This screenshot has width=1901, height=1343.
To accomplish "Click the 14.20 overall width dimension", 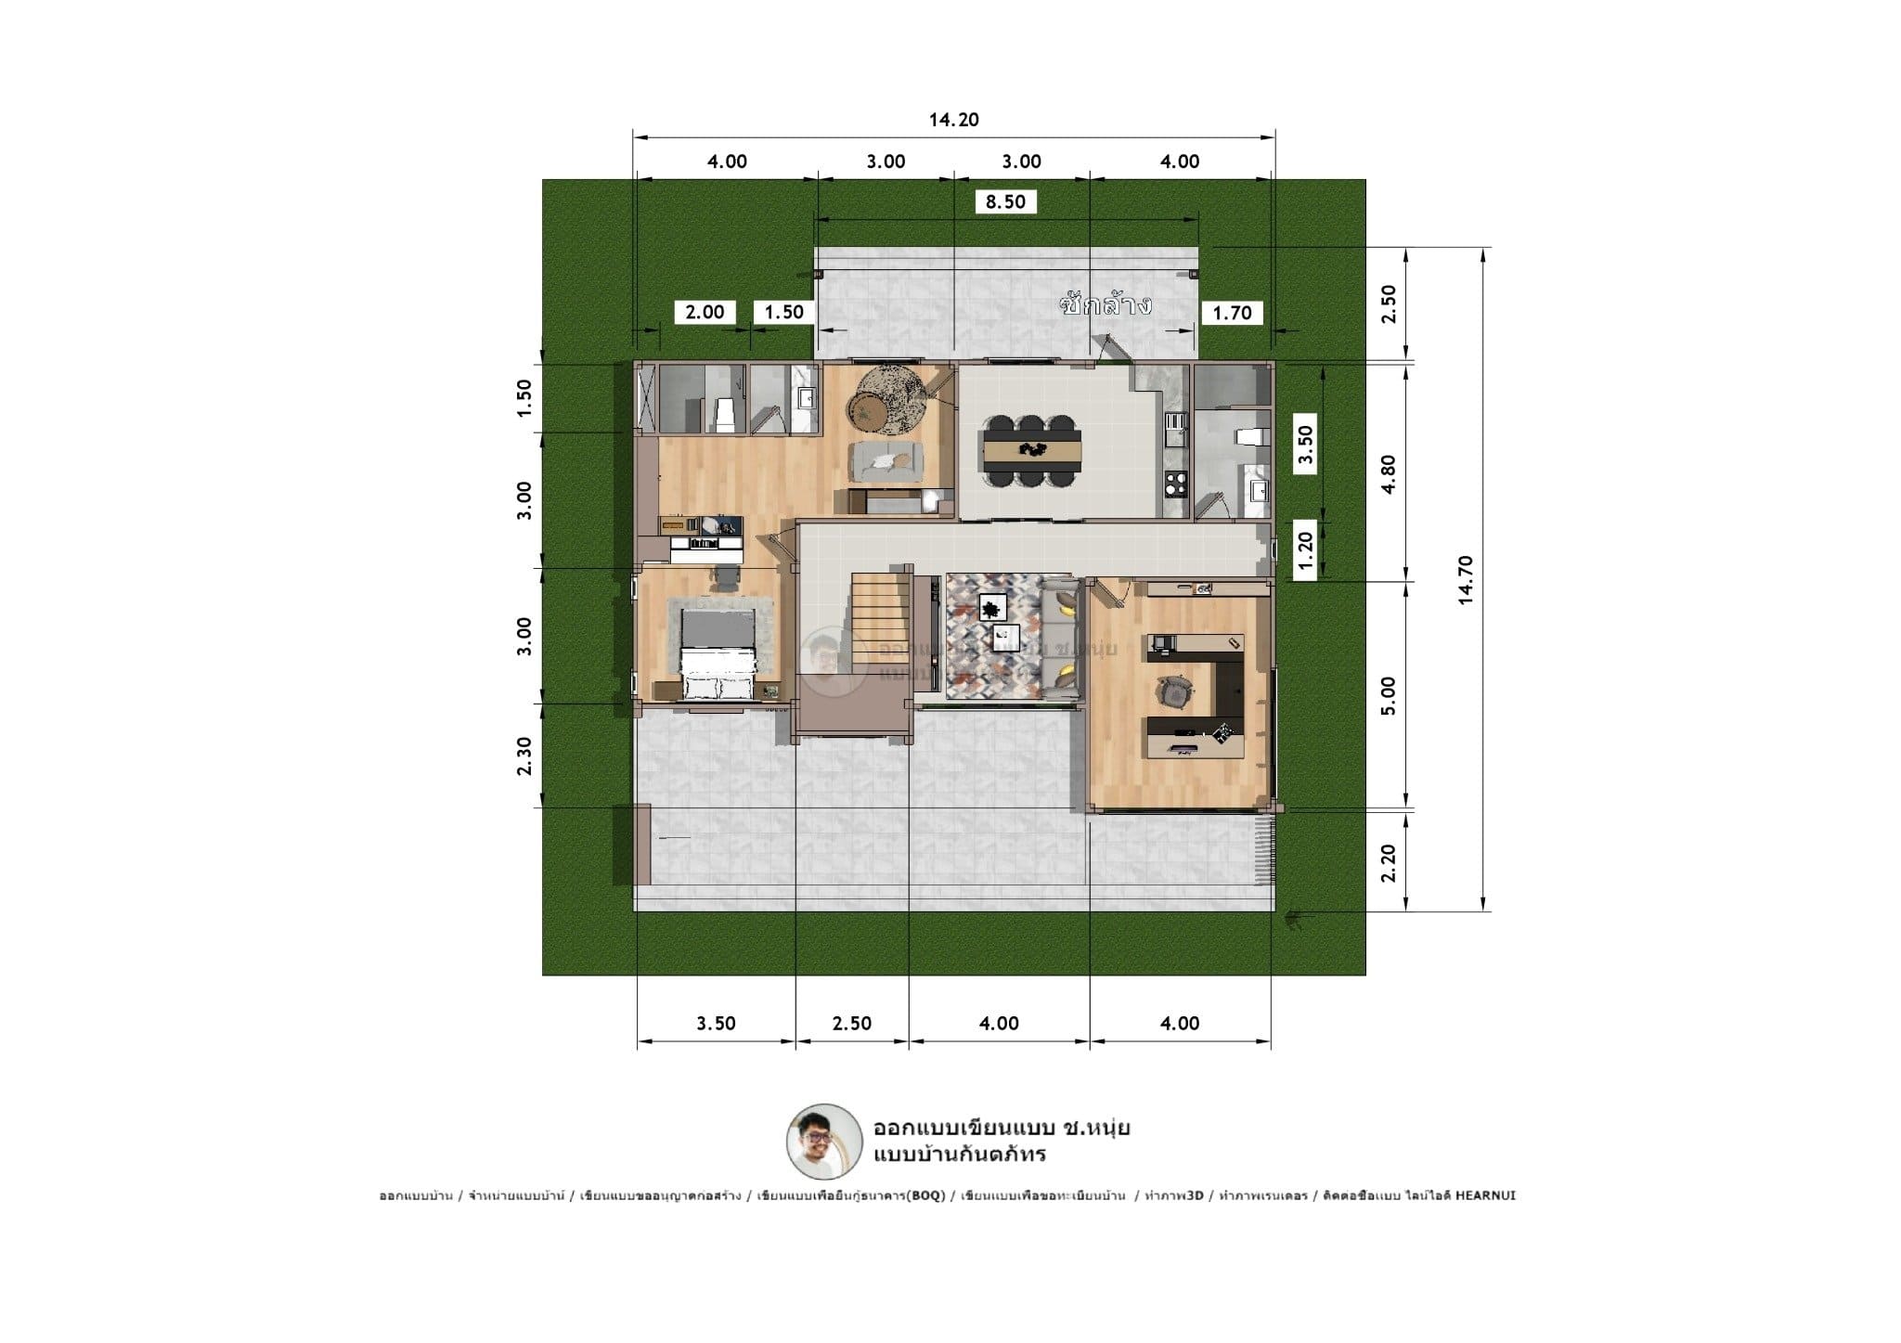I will point(953,120).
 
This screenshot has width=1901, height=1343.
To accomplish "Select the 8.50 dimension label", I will point(1005,201).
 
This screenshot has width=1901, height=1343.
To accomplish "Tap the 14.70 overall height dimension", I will point(1466,580).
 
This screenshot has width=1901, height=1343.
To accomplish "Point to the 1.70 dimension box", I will point(1232,313).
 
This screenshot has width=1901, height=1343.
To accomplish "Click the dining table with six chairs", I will point(1032,449).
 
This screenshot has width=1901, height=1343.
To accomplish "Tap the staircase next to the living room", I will point(876,617).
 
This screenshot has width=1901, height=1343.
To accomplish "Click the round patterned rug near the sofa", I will point(886,399).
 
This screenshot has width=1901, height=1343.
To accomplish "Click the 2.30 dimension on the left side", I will point(524,755).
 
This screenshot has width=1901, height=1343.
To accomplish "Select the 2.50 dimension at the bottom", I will point(851,1023).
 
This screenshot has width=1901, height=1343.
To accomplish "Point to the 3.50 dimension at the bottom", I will point(716,1023).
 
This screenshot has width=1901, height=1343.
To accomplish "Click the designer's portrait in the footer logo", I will point(823,1142).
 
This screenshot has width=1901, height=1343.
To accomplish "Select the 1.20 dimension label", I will point(1306,554).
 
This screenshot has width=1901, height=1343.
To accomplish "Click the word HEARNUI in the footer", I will point(1485,1195).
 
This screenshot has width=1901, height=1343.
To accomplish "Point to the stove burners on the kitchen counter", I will point(1175,482).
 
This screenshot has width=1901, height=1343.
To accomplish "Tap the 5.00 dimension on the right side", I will point(1389,695).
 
